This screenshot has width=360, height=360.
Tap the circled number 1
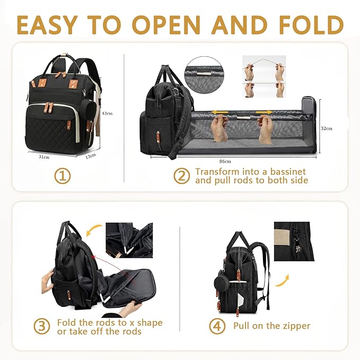point(63,176)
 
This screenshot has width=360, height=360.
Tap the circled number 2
point(182,176)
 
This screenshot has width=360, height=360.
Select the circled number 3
point(43,326)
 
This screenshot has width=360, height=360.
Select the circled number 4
point(217,326)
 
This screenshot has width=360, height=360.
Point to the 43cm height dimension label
point(107,113)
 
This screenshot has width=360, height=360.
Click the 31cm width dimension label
point(44,156)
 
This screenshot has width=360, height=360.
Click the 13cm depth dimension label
point(91,156)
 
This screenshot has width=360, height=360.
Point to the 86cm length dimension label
point(224,161)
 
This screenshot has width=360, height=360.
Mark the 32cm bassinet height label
point(327,128)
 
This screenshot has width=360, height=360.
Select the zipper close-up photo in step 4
point(294,241)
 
